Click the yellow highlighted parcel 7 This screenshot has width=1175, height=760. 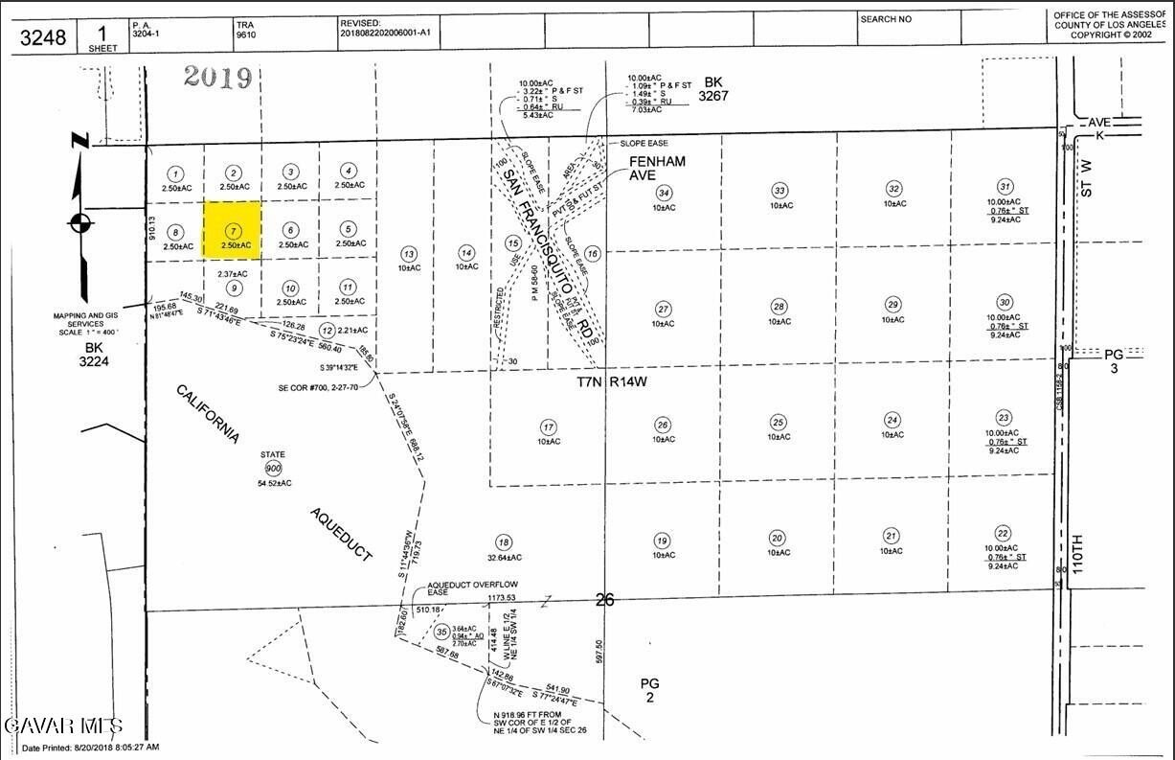[233, 230]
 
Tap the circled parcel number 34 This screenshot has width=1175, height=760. [664, 192]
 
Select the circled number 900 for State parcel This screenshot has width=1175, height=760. [274, 468]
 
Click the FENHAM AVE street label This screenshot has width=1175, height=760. [657, 169]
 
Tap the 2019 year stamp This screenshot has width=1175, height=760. [217, 77]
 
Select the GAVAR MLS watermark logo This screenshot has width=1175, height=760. [62, 724]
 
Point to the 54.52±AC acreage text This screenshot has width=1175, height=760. [274, 483]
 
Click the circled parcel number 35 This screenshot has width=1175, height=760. [441, 632]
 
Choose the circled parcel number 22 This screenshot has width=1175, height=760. [1004, 533]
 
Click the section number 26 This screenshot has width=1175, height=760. [603, 601]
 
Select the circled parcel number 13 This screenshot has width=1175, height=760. [409, 254]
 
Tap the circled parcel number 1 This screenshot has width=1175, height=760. [174, 173]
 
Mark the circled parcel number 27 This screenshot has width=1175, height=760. [663, 309]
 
